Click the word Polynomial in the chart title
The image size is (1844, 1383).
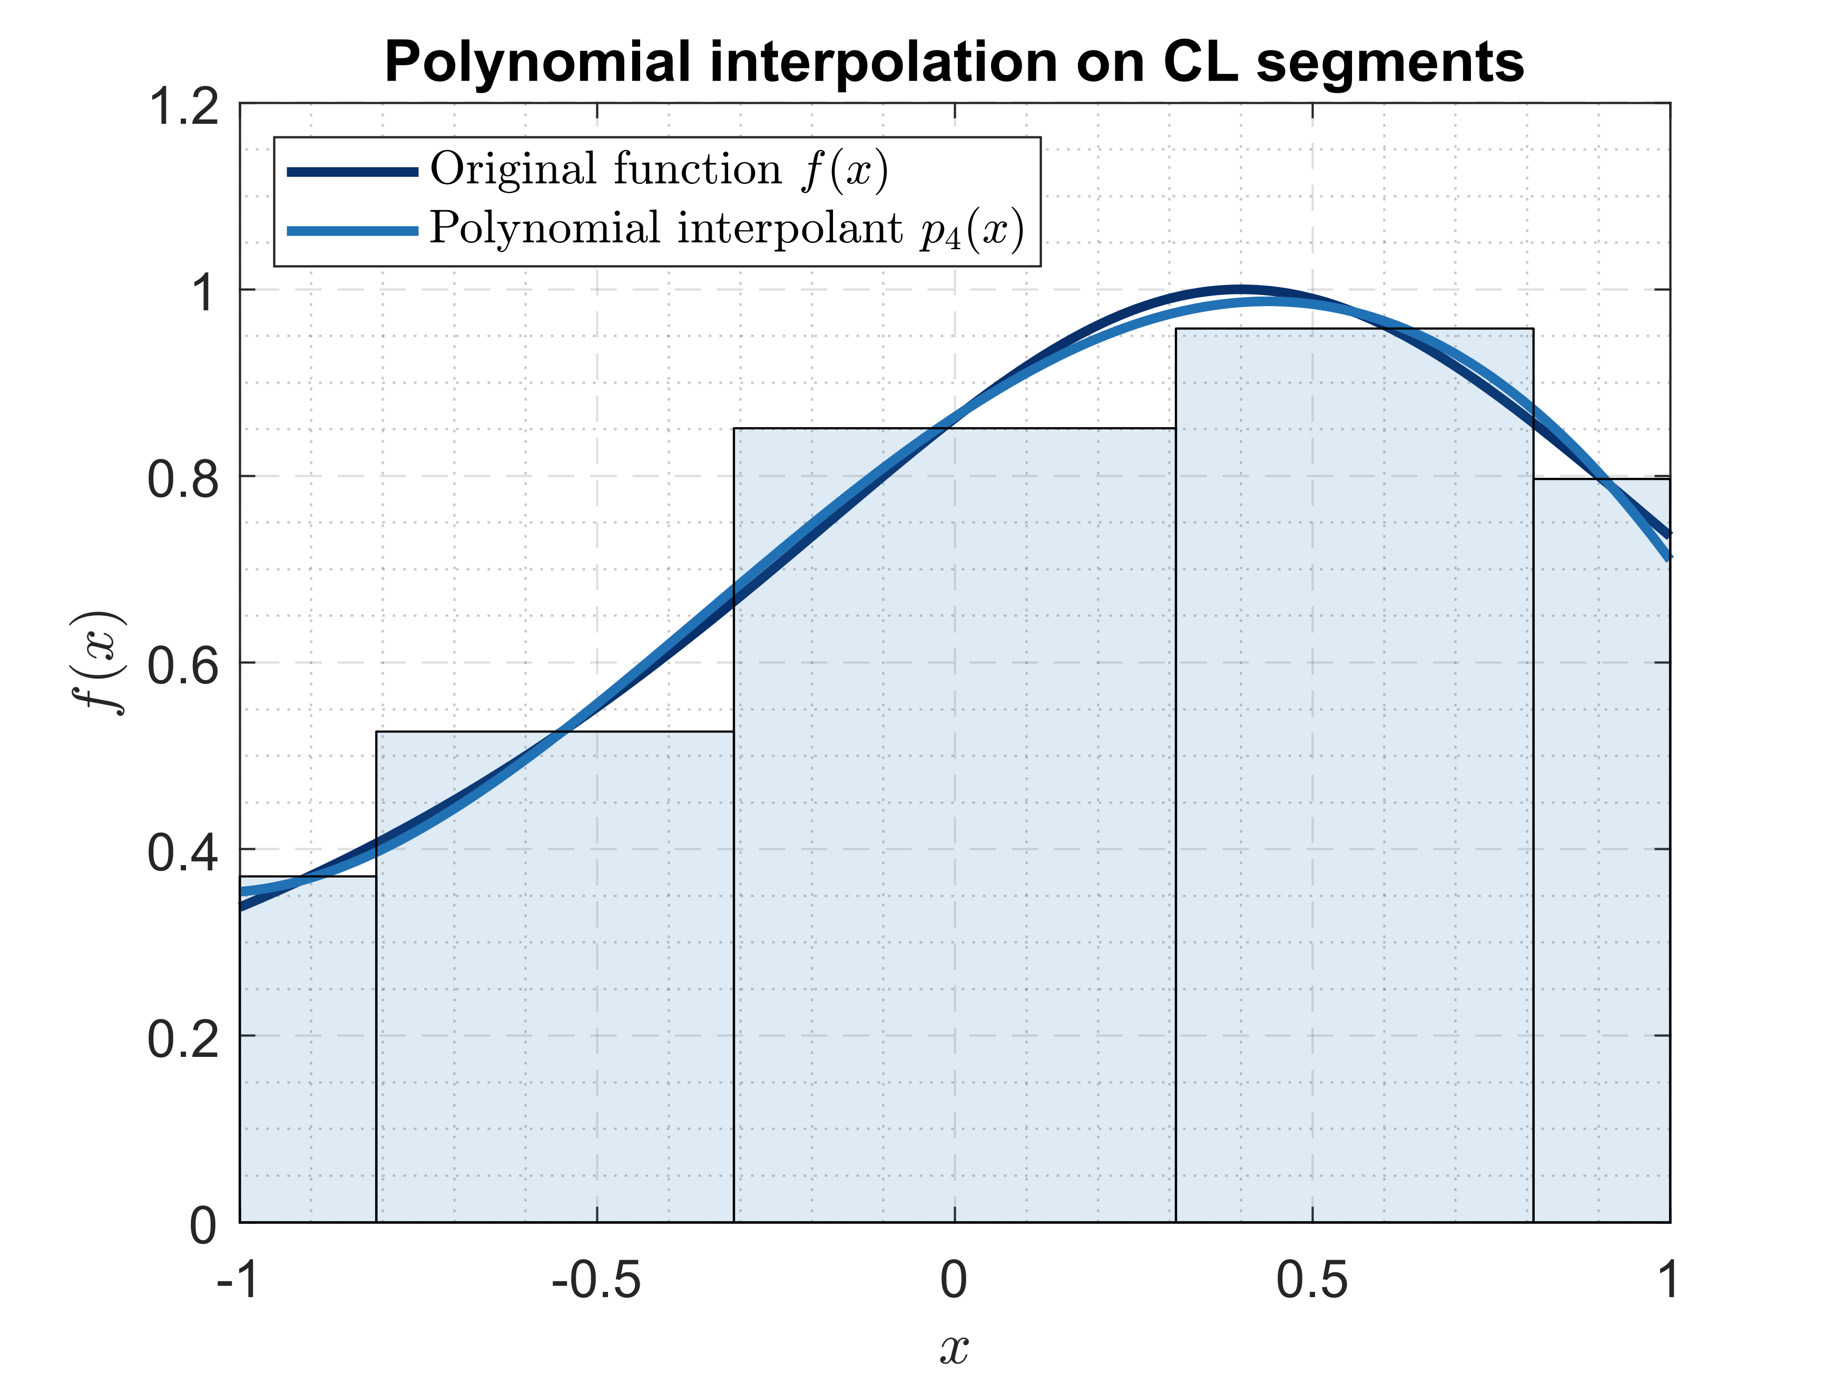coord(538,63)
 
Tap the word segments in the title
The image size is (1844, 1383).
coord(1390,63)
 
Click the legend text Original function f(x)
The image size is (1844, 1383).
coord(659,170)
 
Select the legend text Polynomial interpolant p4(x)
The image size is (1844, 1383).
coord(726,229)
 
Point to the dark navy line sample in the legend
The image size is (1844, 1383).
coord(352,172)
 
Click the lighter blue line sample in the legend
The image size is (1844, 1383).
coord(352,231)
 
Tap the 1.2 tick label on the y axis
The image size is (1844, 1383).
coord(183,107)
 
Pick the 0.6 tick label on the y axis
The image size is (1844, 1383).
coord(183,665)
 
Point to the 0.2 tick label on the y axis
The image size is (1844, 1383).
coord(183,1039)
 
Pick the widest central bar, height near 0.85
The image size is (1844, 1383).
coord(955,833)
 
